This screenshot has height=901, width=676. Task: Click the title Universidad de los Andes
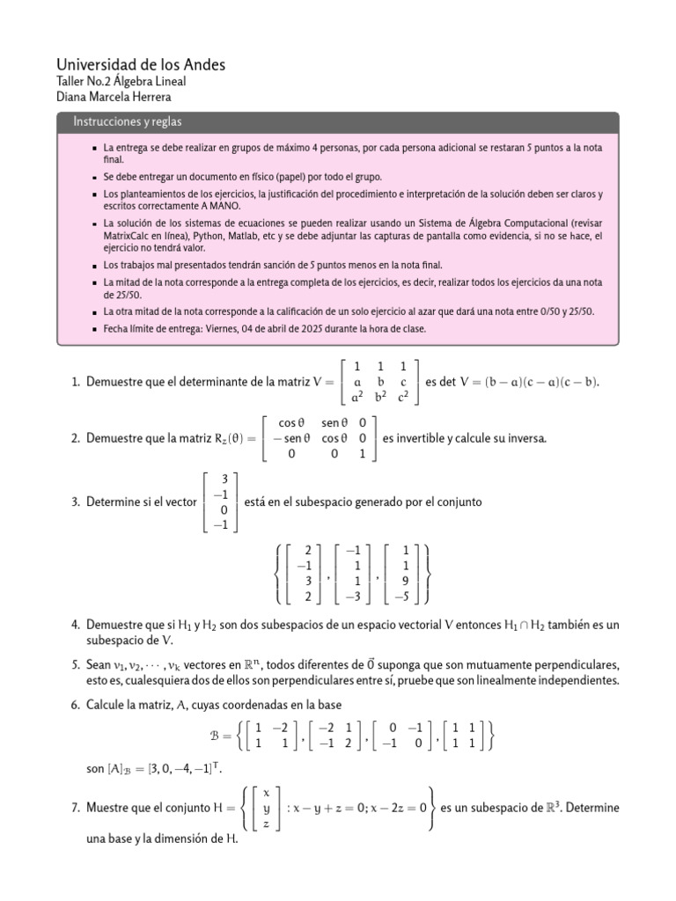click(141, 65)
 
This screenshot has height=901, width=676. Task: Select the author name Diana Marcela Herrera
click(114, 97)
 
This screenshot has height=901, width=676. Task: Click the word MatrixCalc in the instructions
click(129, 237)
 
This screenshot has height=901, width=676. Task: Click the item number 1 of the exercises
click(76, 382)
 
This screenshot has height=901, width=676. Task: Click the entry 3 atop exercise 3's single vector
click(224, 479)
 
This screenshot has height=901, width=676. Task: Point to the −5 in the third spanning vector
click(402, 596)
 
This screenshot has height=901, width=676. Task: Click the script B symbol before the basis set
click(216, 735)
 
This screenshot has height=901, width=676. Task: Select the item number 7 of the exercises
click(76, 807)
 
